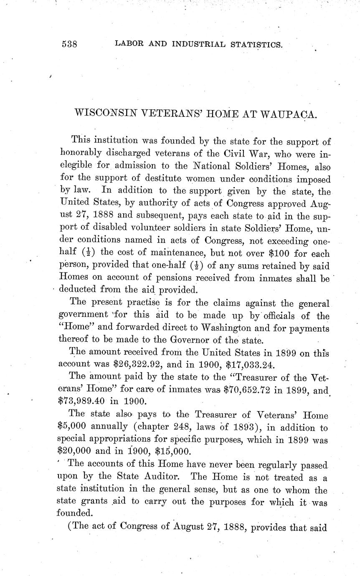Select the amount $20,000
point(74,451)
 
